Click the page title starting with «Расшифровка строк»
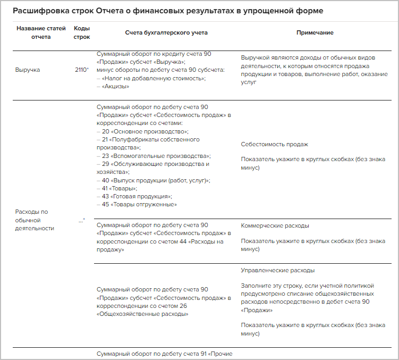coord(168,11)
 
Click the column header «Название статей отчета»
coord(41,32)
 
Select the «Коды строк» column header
coord(82,32)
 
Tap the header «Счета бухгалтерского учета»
coord(166,32)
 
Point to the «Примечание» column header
coord(315,32)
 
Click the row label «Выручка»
coord(28,70)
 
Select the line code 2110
coord(82,70)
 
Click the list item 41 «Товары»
coord(120,188)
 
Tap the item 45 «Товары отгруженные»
coord(139,204)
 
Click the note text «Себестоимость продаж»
coord(274,144)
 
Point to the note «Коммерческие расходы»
coord(275,225)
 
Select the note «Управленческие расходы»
coord(277,270)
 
